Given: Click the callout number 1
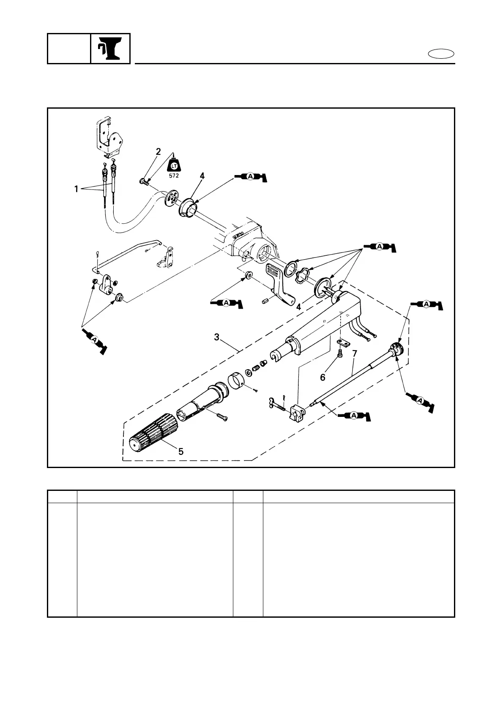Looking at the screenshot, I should pos(77,189).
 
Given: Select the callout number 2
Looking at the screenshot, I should pos(158,152).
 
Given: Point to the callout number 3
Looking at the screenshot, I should pos(217,337).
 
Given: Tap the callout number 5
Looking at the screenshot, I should pos(181,452).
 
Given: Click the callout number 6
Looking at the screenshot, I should pos(323,377).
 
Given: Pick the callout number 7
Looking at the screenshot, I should pos(354,353).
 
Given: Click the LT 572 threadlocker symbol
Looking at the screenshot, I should pos(173,166).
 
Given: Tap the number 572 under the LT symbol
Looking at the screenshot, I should pos(173,175).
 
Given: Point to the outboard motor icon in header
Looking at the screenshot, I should pos(110,49).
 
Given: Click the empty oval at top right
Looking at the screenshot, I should pos(441,54).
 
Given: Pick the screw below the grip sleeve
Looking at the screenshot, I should pos(222,417).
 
